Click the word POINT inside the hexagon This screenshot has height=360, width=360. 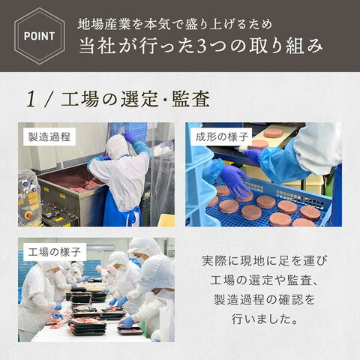tap(39, 36)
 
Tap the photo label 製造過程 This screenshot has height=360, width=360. tap(49, 137)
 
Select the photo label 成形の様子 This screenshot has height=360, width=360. tap(222, 137)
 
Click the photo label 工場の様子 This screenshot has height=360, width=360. tap(54, 252)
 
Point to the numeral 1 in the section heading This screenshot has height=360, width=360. tap(31, 99)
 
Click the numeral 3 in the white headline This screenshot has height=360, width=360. tap(202, 46)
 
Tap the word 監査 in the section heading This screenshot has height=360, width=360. tap(190, 99)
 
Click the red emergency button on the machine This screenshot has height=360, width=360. tap(28, 214)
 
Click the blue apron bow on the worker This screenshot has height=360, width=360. tap(130, 214)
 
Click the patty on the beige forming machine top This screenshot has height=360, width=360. tap(273, 133)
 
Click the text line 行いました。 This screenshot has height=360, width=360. tap(265, 319)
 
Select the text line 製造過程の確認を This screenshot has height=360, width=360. tap(265, 299)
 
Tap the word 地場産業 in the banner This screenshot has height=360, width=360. tap(104, 25)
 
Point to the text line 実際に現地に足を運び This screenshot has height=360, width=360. tap(265, 260)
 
